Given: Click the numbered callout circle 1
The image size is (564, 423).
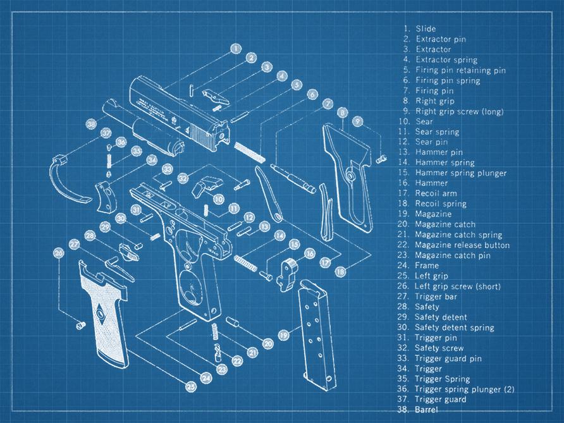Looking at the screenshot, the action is click(x=236, y=49).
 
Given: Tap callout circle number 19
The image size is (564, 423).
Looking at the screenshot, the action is click(x=284, y=335).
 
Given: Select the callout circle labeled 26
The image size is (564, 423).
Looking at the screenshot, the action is click(x=58, y=253).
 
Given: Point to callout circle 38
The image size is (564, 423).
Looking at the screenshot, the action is click(x=91, y=124).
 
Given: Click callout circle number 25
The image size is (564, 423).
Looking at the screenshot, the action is click(x=191, y=387).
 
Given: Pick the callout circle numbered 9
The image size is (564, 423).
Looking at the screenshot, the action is click(x=357, y=121).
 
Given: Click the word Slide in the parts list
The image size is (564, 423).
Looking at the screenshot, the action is click(x=426, y=29).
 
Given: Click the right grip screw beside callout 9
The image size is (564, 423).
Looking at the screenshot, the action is click(x=381, y=158).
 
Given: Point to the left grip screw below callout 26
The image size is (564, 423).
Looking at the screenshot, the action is click(x=81, y=325).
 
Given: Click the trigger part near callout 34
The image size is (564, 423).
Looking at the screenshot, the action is click(x=105, y=196).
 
